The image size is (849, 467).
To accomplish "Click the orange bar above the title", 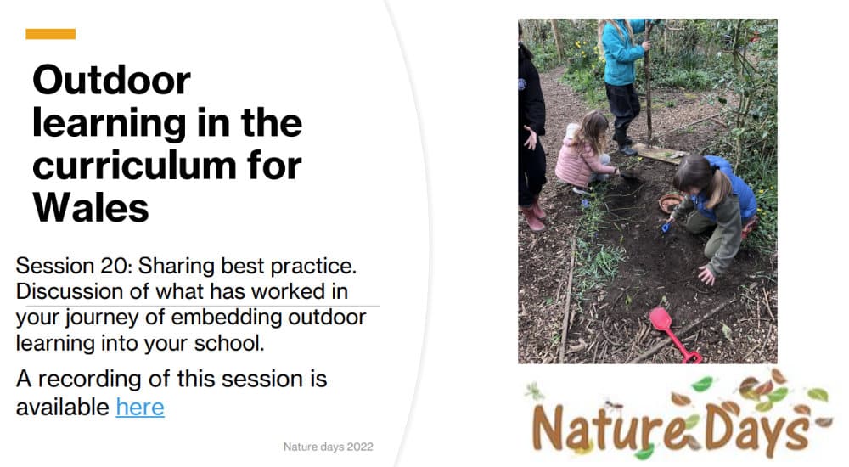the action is (50, 34).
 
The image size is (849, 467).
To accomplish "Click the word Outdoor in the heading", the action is (111, 80).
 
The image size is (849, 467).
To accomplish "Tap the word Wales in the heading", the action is (91, 208).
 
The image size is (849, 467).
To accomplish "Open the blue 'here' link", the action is (140, 407).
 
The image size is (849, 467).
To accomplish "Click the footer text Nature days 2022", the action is (328, 447).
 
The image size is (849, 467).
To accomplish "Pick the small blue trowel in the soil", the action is (667, 226).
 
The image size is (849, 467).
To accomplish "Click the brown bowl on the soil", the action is (671, 203).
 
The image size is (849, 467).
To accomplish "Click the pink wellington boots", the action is (532, 215).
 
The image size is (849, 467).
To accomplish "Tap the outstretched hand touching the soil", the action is (706, 276).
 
